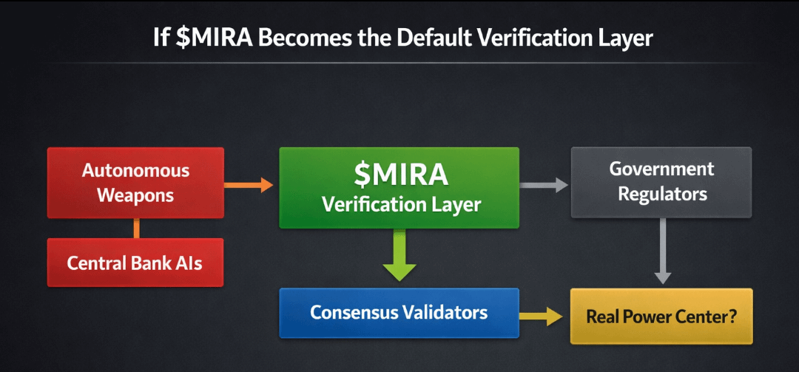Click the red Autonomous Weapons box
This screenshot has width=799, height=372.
tap(135, 183)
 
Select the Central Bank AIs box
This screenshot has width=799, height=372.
tap(135, 263)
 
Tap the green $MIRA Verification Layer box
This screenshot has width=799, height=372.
tap(399, 187)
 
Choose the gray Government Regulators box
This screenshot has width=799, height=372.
tap(661, 182)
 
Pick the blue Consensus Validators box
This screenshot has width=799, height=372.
tap(399, 313)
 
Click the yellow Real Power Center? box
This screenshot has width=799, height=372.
tap(661, 317)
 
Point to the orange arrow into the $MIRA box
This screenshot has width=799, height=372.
tap(249, 185)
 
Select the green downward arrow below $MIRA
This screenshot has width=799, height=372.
tap(399, 255)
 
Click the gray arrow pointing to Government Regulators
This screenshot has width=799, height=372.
tap(545, 185)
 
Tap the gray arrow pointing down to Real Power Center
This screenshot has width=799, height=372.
tap(663, 251)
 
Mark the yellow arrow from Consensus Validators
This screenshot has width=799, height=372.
tap(544, 316)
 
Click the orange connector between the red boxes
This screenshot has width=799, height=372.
tap(136, 228)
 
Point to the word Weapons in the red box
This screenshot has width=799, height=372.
tap(135, 196)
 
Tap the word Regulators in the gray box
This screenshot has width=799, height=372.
tap(662, 195)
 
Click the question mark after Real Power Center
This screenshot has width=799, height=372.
tap(732, 317)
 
